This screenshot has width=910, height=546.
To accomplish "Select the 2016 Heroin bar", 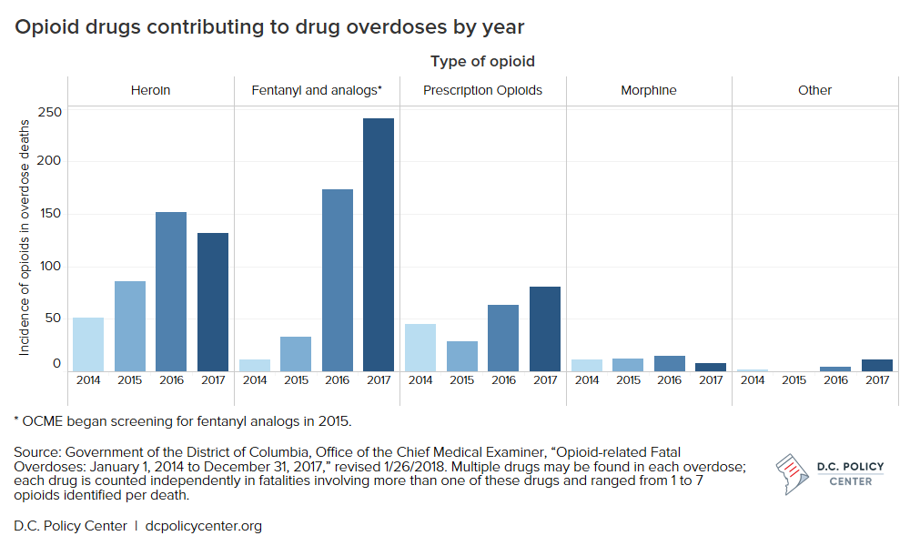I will [x=171, y=291].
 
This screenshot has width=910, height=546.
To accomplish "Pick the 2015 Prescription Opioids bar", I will [x=461, y=356].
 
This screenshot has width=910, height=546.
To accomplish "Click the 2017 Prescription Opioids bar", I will [x=544, y=329].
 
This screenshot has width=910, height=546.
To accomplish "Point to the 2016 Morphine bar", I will [x=669, y=363].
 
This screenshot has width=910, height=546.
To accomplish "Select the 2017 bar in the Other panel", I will [x=877, y=365].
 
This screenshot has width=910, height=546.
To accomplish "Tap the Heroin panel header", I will [x=150, y=90].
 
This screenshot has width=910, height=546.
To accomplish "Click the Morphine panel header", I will [x=649, y=90].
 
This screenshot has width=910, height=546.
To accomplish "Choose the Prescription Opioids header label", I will [x=482, y=90].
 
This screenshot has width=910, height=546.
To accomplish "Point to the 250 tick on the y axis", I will [x=49, y=112].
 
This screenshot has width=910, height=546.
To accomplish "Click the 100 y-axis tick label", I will [x=49, y=267].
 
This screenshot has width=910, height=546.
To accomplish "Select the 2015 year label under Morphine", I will [x=628, y=380].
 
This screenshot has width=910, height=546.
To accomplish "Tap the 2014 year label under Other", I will [x=753, y=380].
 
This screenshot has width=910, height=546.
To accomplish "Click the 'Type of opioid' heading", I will [x=482, y=62].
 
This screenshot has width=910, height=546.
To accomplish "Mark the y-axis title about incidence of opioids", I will [x=25, y=240].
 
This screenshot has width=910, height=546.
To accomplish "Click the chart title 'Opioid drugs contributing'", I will [x=269, y=27].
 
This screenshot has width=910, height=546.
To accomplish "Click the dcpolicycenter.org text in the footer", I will [x=204, y=526].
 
